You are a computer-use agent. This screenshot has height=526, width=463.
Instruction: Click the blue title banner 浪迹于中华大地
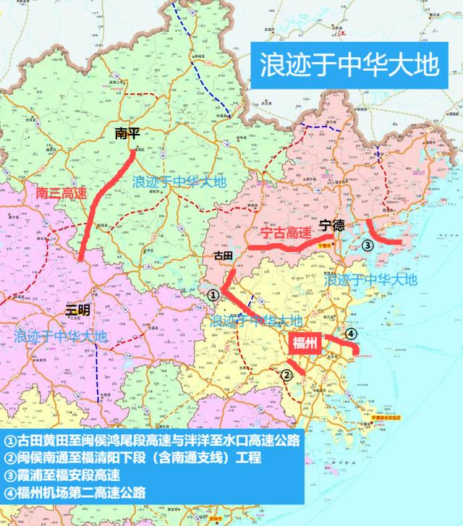pyautogui.click(x=349, y=65)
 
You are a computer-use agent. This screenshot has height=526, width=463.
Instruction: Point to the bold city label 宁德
pyautogui.click(x=334, y=226)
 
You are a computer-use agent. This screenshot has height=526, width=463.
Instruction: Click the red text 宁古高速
pyautogui.click(x=285, y=233)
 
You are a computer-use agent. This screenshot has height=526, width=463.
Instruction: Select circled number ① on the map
pyautogui.click(x=213, y=294)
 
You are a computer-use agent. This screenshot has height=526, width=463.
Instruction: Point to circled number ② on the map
pyautogui.click(x=286, y=374)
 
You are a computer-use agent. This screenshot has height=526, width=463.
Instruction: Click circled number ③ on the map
pyautogui.click(x=368, y=245)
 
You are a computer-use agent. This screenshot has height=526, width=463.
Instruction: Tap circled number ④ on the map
pyautogui.click(x=350, y=334)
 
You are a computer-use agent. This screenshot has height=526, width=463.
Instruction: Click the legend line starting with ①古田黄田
pyautogui.click(x=152, y=441)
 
